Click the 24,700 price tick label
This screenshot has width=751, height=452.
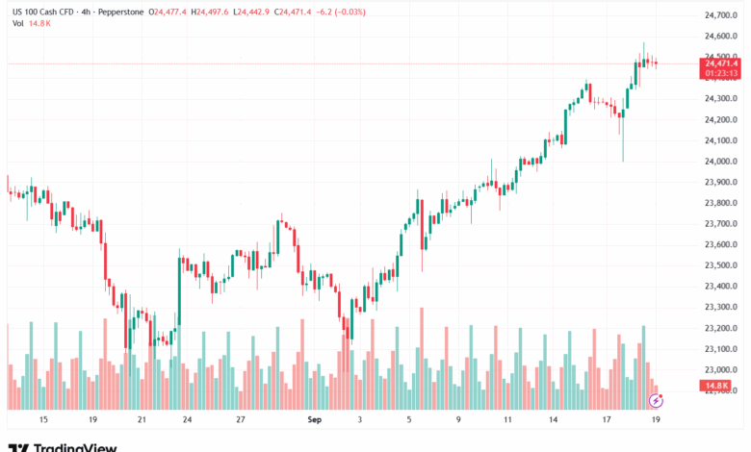722,15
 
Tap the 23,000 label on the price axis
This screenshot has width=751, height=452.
722,369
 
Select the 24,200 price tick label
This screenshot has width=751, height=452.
722,120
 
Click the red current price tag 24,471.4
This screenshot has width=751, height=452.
721,63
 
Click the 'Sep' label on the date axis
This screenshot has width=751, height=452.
315,420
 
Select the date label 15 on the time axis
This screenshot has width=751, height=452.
42,420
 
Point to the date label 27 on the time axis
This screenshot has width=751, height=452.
241,420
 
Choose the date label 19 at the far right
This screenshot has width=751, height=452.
655,420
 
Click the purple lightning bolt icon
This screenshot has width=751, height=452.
657,399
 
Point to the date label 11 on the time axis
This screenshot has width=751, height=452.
507,420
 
